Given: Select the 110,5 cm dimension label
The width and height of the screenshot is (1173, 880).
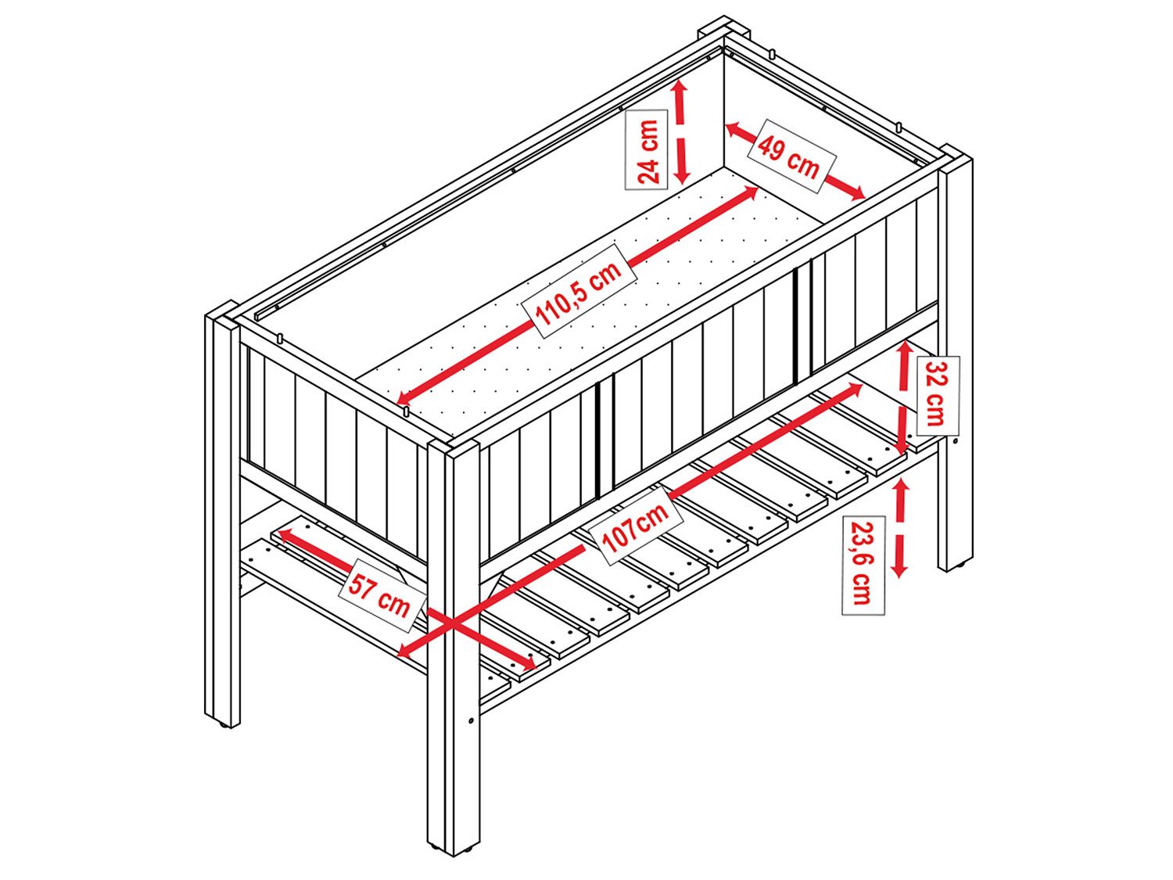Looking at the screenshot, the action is pyautogui.click(x=579, y=291).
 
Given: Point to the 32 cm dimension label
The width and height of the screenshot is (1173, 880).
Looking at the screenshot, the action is pyautogui.click(x=938, y=395).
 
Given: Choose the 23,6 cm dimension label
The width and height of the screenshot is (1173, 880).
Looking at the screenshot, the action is pyautogui.click(x=863, y=565).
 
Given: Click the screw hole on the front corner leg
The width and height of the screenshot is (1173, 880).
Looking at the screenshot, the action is pyautogui.click(x=471, y=720).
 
